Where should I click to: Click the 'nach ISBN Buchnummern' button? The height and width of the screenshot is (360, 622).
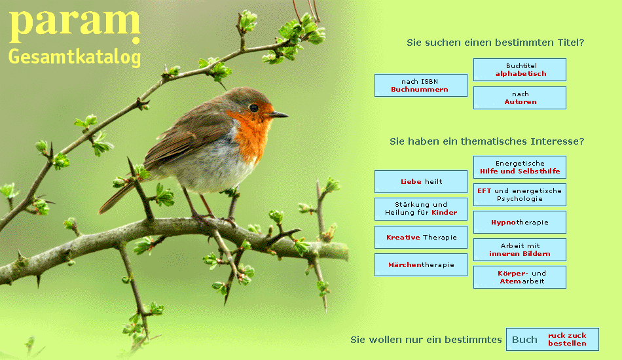point(421,85)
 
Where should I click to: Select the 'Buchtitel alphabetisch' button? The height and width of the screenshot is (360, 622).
point(520,70)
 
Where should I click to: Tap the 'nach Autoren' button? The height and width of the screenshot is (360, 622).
point(520,98)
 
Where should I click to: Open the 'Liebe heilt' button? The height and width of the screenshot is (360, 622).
point(421,181)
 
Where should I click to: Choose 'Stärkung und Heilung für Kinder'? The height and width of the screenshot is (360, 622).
point(421,209)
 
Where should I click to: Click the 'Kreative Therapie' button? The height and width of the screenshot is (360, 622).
point(421,237)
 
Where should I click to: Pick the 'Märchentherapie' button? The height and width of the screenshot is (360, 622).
point(421,265)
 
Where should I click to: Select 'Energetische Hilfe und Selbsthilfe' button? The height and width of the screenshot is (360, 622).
point(520,167)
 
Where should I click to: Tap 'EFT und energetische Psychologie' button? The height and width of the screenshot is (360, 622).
point(520,194)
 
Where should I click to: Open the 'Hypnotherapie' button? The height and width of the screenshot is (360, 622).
point(520,222)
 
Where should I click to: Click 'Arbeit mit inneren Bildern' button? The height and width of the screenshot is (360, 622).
point(520,250)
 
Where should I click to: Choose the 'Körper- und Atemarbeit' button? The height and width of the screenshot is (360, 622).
point(520,277)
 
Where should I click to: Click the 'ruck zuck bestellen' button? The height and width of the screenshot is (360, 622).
point(553,340)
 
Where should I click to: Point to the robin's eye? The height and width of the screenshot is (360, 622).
point(254,108)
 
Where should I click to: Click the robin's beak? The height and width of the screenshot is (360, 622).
point(278,115)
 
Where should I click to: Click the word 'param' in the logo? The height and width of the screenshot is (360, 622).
point(75,25)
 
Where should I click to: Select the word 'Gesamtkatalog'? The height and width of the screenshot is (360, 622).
point(75,58)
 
